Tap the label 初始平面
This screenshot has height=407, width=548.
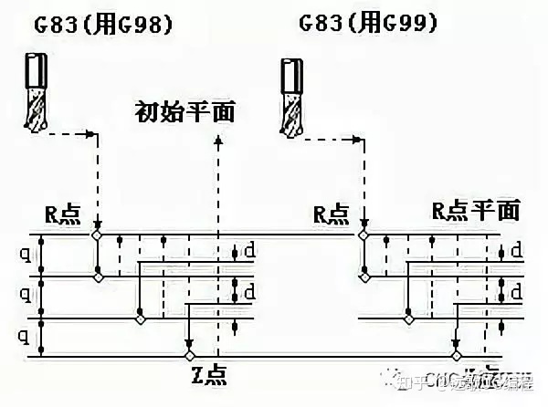click(185, 112)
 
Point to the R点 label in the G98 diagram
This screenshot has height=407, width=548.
click(63, 215)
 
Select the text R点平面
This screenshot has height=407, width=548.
click(475, 212)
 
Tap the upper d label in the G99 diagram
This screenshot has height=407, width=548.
click(516, 249)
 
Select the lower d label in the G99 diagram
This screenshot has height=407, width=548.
click(516, 292)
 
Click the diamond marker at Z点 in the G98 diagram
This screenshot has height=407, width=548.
click(190, 354)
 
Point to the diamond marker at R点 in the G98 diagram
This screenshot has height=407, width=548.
click(98, 235)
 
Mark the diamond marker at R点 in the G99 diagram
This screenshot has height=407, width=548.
click(364, 235)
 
